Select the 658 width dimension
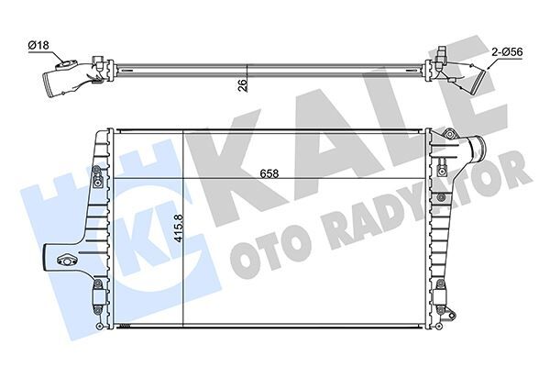tap(268, 171)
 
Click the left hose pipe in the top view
tap(60, 83)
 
